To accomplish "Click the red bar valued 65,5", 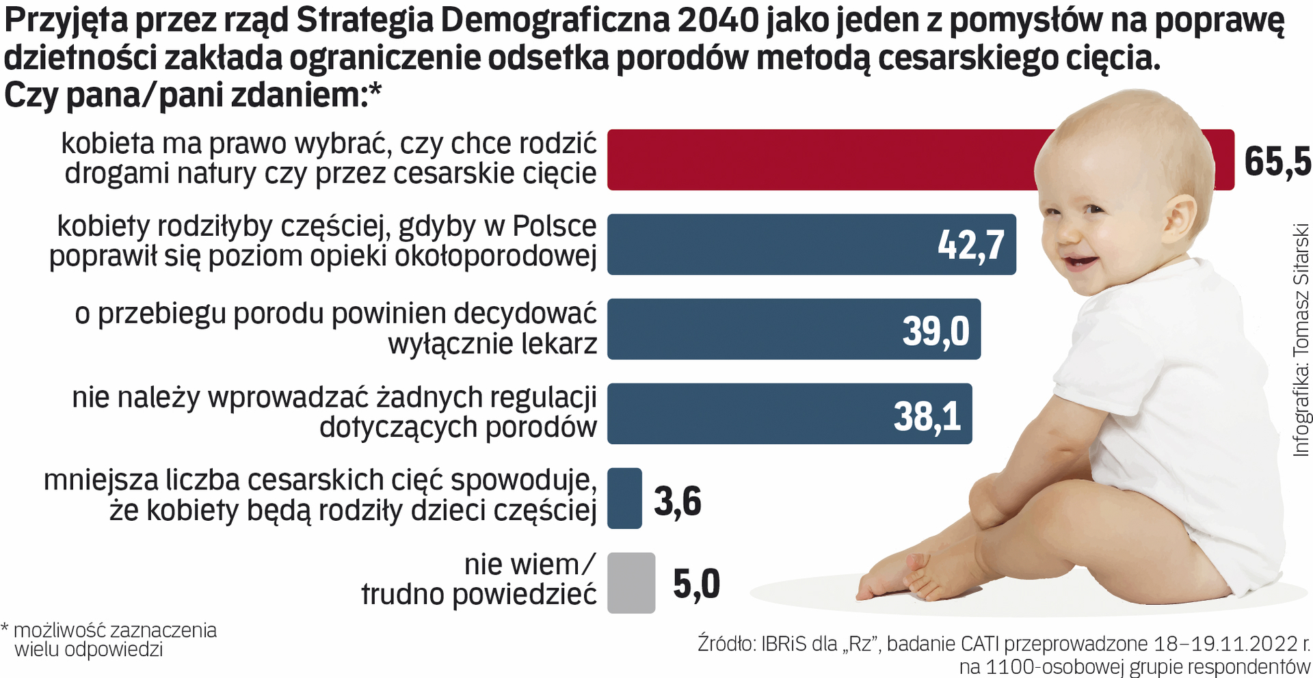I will (821, 159).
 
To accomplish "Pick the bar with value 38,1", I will (752, 413).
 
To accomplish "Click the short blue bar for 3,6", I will (624, 498).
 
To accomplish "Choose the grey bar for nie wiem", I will (631, 582).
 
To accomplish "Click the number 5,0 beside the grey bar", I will (696, 584).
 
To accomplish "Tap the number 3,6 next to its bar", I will (677, 501).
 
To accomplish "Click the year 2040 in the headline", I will (718, 21).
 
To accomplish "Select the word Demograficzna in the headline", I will (554, 21).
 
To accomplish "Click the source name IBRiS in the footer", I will (784, 644).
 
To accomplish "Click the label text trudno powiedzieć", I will (479, 595).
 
